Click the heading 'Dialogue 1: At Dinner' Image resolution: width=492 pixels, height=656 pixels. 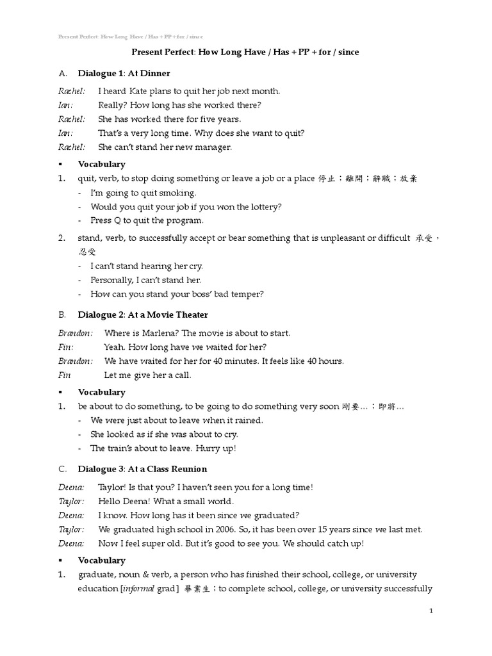[124, 73]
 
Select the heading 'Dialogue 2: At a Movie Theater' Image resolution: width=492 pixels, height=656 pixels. [143, 315]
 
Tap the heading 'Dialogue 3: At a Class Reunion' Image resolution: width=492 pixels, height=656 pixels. [143, 469]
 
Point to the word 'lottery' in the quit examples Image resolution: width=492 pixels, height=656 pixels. [265, 207]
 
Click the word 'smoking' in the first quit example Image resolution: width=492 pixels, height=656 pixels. [179, 193]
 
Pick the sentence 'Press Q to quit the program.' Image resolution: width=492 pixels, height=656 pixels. [147, 220]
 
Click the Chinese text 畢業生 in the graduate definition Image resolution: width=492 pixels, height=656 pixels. [198, 589]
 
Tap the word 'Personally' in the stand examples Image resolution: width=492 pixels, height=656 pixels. [112, 280]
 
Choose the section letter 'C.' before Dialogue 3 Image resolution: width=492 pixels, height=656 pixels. [62, 469]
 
